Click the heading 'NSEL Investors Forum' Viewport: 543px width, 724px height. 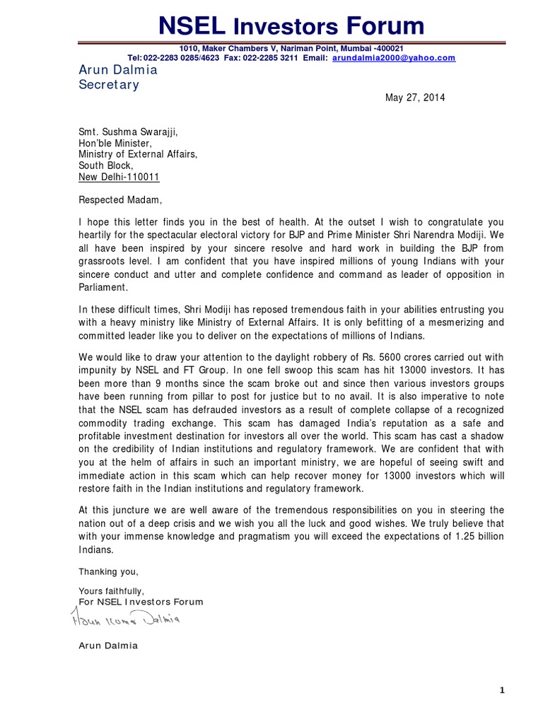click(291, 26)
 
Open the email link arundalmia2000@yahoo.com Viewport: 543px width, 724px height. click(394, 58)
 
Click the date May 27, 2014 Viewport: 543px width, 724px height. click(415, 98)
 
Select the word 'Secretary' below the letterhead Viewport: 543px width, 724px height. click(109, 85)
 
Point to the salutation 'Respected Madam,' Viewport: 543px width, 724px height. click(120, 200)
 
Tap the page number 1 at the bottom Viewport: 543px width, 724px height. click(502, 691)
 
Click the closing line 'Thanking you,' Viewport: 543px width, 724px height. click(109, 571)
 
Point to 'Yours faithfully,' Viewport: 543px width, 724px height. click(112, 590)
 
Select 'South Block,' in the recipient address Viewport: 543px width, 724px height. click(105, 165)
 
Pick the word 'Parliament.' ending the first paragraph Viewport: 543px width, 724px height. click(103, 288)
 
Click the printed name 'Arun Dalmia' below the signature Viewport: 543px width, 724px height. click(108, 646)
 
